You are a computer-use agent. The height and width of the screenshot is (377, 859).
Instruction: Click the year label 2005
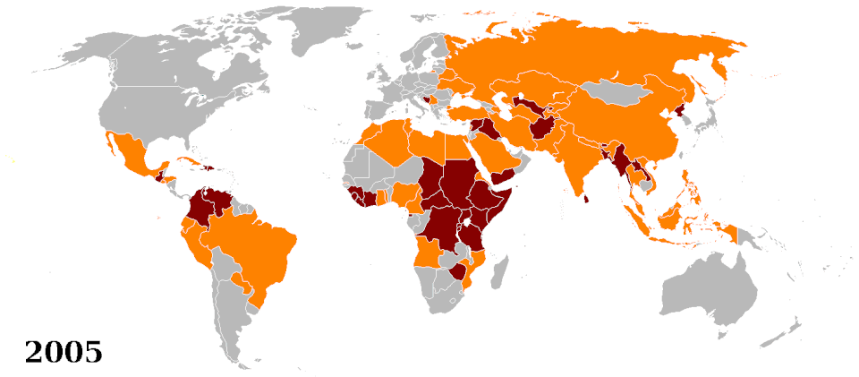(63, 351)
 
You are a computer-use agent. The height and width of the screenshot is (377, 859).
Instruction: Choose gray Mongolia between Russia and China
(617, 93)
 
